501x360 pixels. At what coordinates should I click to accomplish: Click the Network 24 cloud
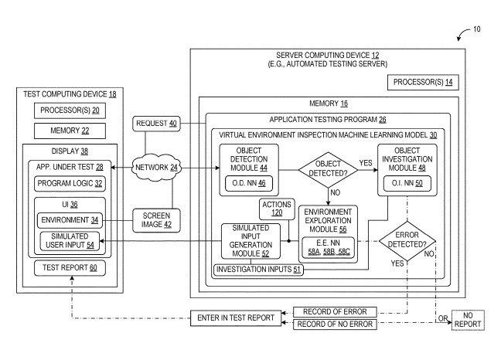tap(152, 167)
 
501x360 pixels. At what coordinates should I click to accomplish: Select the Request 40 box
tap(156, 121)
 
